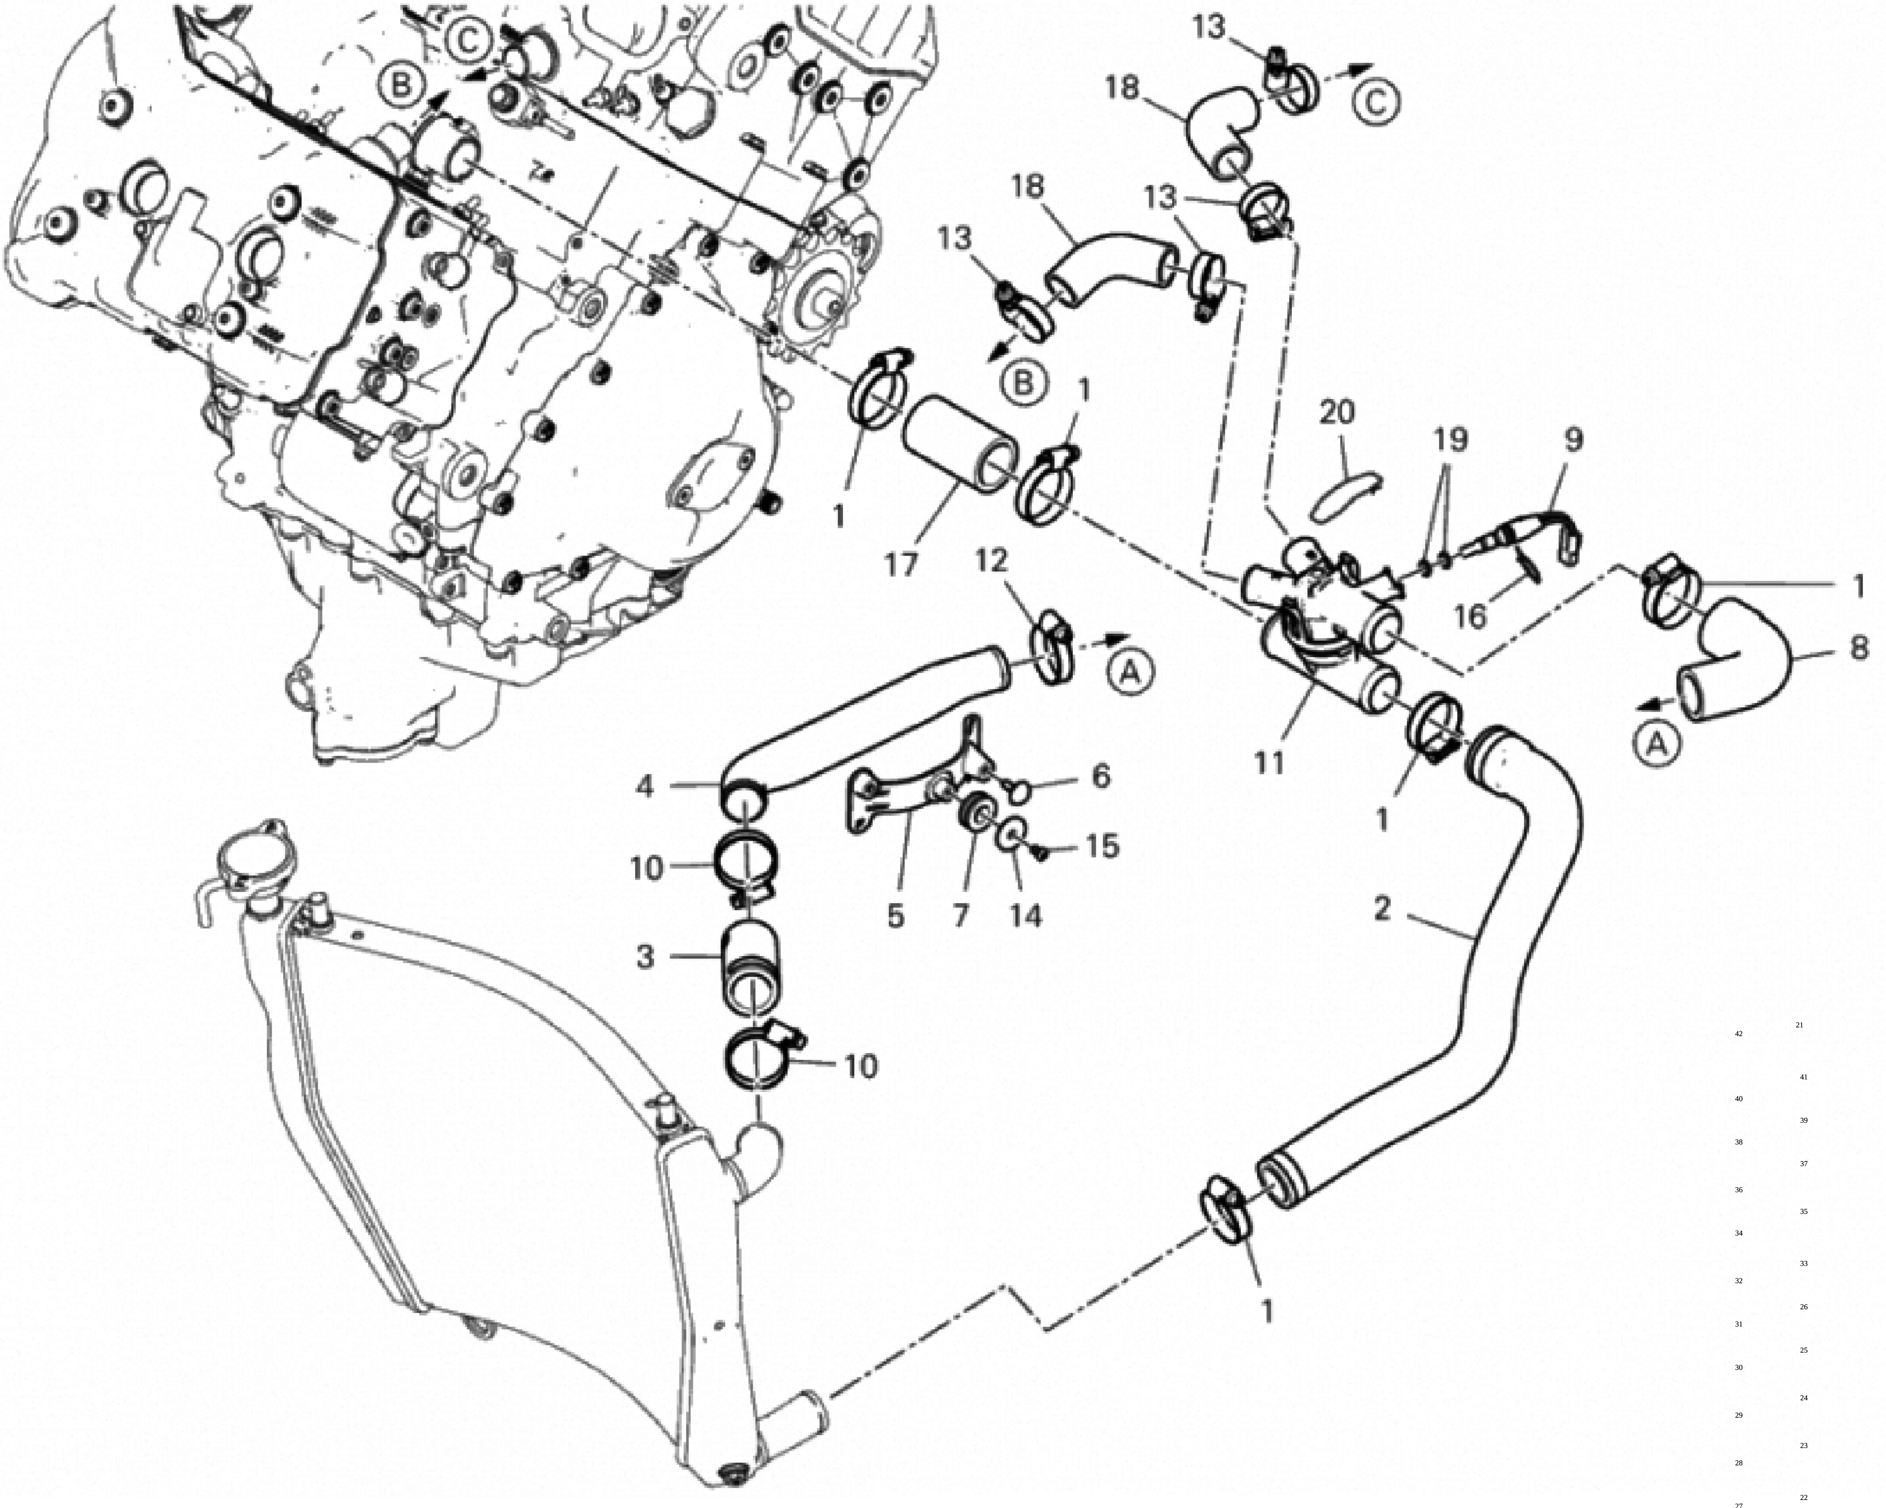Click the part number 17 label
[x=901, y=564]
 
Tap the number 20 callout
[x=1337, y=412]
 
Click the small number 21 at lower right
[x=1799, y=1024]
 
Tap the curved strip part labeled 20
[x=1347, y=497]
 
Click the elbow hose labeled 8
[x=1737, y=658]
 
